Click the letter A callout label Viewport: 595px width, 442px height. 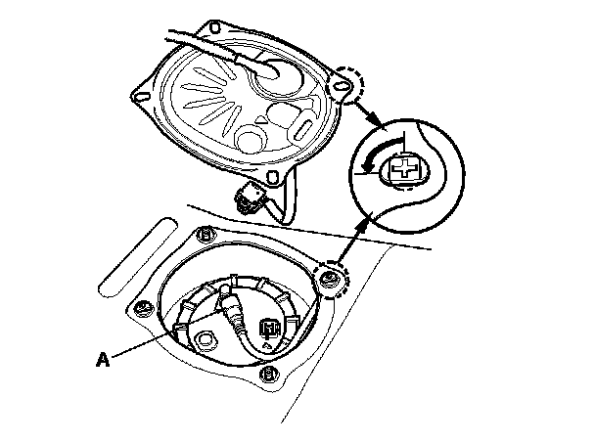(101, 359)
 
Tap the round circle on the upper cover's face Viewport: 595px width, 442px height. (249, 137)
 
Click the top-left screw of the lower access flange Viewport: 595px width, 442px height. (205, 235)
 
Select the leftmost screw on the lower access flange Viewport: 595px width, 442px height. (143, 309)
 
